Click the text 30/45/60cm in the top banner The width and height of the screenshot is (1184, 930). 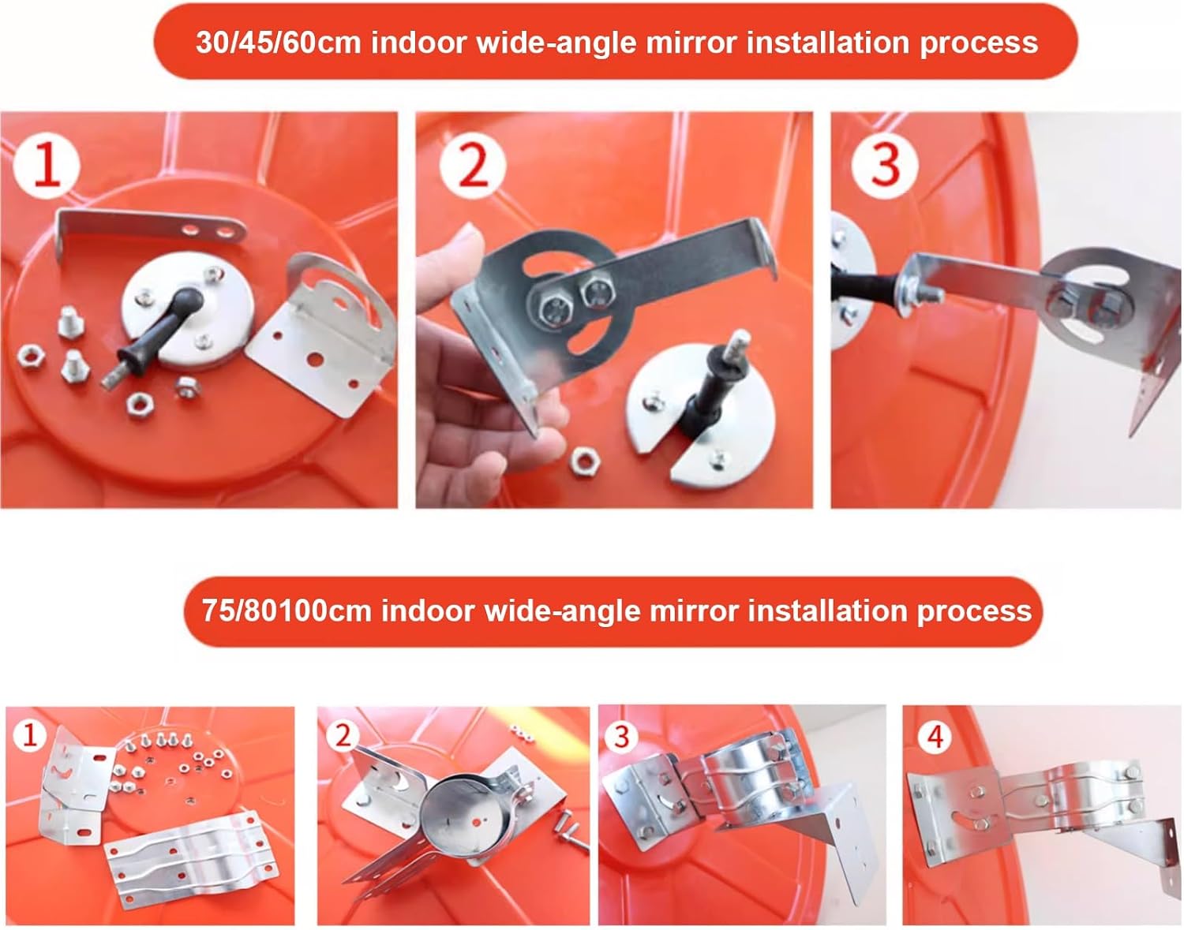coord(278,43)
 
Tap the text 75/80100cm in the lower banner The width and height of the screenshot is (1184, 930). coord(287,611)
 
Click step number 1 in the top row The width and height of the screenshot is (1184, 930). coord(47,166)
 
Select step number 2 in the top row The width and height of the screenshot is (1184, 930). coord(472,166)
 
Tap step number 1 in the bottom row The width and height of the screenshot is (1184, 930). coord(29,736)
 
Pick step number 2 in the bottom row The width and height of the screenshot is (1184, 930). coord(343,735)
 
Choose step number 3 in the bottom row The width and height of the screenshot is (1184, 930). coord(622,738)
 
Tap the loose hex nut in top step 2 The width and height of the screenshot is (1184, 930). coord(585,462)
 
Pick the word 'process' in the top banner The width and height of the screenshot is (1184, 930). coord(979,43)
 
